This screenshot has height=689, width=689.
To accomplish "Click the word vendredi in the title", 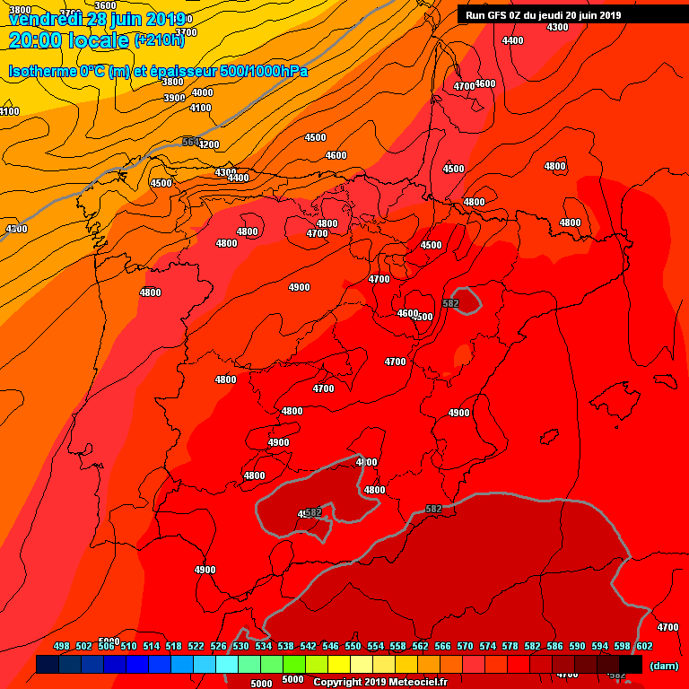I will pos(45,19).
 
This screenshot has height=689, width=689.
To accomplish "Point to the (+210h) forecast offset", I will pos(159,39).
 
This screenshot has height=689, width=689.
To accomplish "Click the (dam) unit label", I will pos(664,665).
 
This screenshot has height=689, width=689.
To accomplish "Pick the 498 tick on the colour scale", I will pos(62,646).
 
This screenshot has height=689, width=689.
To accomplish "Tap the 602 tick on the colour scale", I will pos(644,646).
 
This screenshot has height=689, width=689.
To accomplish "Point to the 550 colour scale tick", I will pos(353,646).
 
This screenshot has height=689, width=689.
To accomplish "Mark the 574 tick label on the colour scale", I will pos(487,646).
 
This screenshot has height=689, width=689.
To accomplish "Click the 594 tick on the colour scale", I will pos(599,646).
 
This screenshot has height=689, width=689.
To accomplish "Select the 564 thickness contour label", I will pos(191,142).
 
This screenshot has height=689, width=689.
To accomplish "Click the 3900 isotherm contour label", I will pos(174,98).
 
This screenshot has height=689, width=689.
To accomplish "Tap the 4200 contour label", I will pos(209,144).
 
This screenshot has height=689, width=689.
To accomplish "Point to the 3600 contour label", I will pos(105,5).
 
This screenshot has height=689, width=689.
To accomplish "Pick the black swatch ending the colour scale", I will pos(631,665).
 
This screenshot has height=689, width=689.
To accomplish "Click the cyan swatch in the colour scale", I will pos(227,665).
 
